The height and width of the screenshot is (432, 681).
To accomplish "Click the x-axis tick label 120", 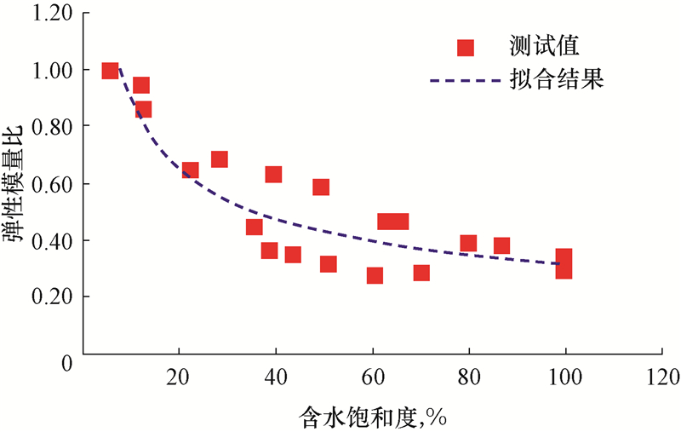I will pos(662,376).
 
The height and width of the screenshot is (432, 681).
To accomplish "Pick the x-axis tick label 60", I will pos(372,376).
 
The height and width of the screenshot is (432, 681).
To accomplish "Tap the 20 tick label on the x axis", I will pos(178,376).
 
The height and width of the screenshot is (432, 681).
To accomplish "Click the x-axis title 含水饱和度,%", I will pos(373,418).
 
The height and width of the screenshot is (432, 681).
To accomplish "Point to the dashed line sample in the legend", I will pos(465,82).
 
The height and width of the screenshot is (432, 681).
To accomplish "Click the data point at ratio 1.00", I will pos(110,71).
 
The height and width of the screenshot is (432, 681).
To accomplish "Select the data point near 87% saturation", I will pos(501,246).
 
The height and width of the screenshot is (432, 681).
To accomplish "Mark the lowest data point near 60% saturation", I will pos(375,275).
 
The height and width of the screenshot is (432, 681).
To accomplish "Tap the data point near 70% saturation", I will pos(421,273).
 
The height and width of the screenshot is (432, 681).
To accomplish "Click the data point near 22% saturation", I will pos(190,170).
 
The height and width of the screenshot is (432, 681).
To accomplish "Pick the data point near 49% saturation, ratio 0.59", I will pos(321,187).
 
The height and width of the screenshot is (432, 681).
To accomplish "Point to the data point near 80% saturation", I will pos(468,244).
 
